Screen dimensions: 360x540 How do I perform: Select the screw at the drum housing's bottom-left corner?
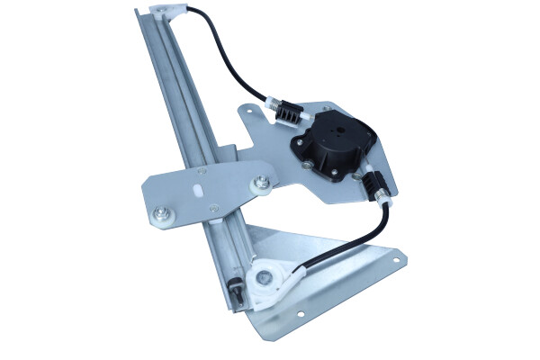[310, 166]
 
